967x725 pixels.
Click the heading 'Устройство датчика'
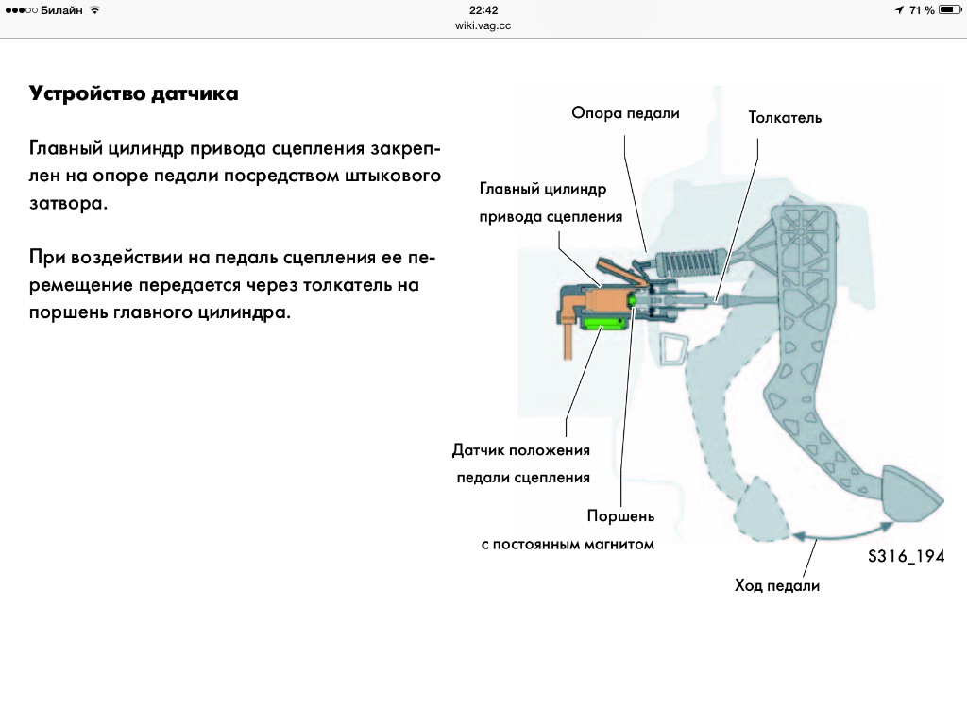pos(133,93)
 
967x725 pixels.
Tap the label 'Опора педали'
pos(625,113)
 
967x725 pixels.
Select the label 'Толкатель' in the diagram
pos(785,117)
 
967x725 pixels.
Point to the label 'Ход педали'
pos(777,585)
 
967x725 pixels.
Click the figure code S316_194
pos(906,556)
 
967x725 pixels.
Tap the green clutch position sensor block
pos(603,325)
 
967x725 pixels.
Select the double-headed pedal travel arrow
pos(842,534)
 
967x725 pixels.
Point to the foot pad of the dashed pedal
pos(761,509)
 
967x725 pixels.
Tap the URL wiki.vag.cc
pos(483,25)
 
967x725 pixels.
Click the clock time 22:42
pos(483,9)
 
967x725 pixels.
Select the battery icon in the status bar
pos(950,9)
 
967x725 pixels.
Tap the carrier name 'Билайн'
pos(61,10)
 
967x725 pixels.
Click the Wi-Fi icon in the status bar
pos(95,9)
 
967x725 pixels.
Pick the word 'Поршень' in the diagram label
pos(620,516)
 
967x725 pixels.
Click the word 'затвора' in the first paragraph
pos(68,204)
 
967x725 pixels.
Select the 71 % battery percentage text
pos(922,10)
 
